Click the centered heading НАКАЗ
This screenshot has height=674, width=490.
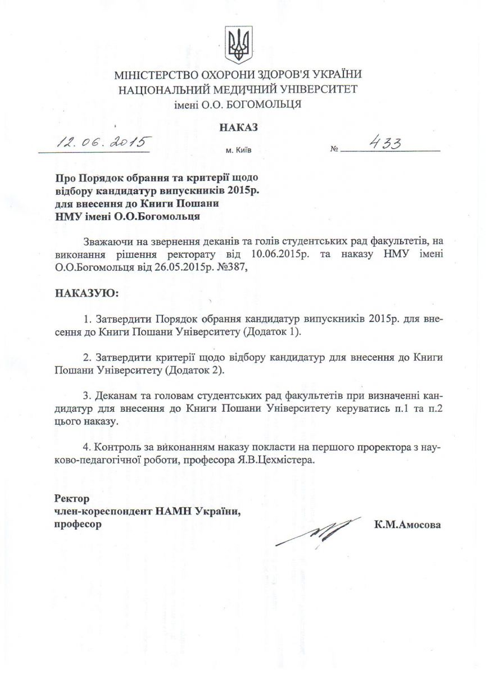239,127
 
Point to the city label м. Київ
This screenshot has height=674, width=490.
239,151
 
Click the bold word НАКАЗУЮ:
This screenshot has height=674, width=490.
87,293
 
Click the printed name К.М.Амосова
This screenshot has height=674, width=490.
407,525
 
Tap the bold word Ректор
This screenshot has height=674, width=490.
72,498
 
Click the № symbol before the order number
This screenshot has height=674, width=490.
335,149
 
